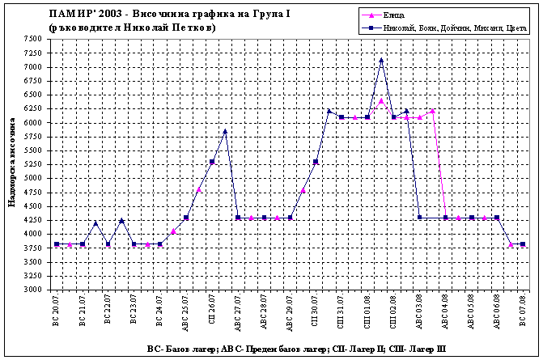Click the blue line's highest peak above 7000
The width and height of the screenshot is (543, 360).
pyautogui.click(x=381, y=60)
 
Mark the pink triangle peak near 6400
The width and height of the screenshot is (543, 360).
pyautogui.click(x=381, y=100)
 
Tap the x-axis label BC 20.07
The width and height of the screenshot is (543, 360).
pyautogui.click(x=57, y=311)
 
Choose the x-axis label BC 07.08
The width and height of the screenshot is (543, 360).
pyautogui.click(x=524, y=311)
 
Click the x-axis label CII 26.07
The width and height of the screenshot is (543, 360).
pyautogui.click(x=212, y=311)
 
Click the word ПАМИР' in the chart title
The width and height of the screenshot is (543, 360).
pyautogui.click(x=70, y=14)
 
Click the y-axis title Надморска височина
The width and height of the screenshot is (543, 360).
pyautogui.click(x=11, y=163)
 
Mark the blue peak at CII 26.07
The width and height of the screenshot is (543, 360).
pyautogui.click(x=225, y=131)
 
